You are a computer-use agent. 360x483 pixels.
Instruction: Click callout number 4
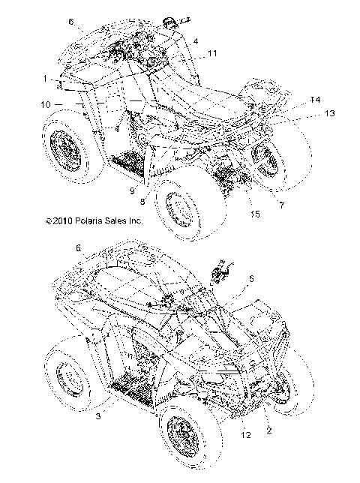tap(196, 40)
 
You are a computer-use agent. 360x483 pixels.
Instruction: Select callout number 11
tap(213, 53)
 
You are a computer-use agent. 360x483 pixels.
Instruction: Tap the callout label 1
tap(46, 77)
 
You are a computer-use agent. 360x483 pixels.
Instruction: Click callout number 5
tap(250, 278)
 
